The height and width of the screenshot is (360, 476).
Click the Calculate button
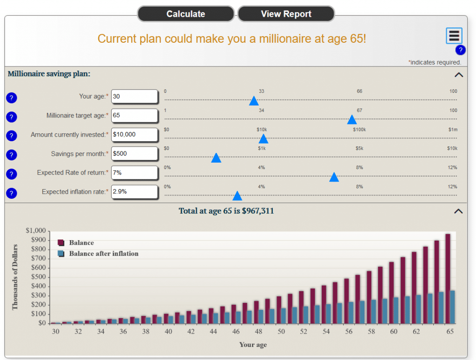pos(186,13)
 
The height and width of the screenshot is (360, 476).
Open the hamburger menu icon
pos(454,35)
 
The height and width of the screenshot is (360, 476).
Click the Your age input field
pos(134,97)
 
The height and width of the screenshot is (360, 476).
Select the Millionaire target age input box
pos(134,116)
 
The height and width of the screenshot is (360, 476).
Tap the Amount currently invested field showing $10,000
pos(134,135)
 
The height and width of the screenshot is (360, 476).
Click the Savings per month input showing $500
pos(134,154)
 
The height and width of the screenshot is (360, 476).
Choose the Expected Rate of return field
pos(134,173)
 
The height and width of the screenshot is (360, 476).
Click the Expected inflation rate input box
pos(134,192)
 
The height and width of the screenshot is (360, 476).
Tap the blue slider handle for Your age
pos(254,101)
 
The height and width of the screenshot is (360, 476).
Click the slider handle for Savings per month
pos(216,158)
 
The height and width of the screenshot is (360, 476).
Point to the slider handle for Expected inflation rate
pos(237,196)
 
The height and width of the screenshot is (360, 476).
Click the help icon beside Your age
pos(12,98)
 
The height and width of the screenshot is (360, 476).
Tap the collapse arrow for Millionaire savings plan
pos(459,75)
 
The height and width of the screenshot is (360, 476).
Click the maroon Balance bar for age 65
pos(448,278)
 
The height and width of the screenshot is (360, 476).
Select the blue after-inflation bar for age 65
pos(452,307)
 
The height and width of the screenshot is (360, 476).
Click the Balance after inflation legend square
pos(61,254)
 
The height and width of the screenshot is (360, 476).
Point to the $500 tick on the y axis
pos(39,277)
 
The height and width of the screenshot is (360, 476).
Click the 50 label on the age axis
pos(281,332)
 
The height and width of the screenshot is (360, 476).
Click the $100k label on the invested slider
pos(359,130)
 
